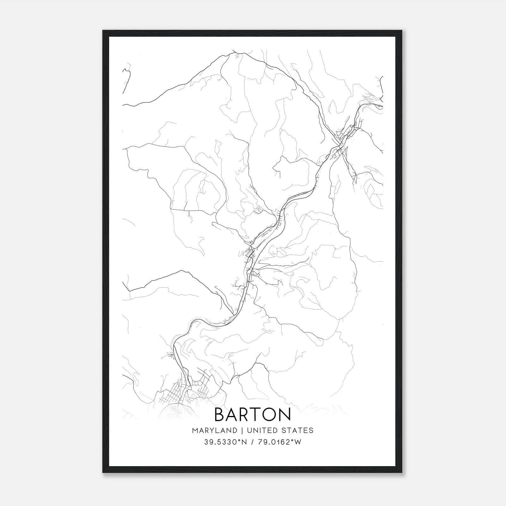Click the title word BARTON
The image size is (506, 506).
(253, 414)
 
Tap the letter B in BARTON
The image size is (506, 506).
(220, 414)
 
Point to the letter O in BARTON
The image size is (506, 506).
(269, 414)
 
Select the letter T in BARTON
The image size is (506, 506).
(255, 414)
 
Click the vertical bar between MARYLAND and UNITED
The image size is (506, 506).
(241, 430)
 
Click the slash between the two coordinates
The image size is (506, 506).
(252, 442)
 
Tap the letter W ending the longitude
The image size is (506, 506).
(298, 442)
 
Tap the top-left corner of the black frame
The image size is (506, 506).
(103, 31)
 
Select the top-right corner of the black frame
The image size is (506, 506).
(403, 31)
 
